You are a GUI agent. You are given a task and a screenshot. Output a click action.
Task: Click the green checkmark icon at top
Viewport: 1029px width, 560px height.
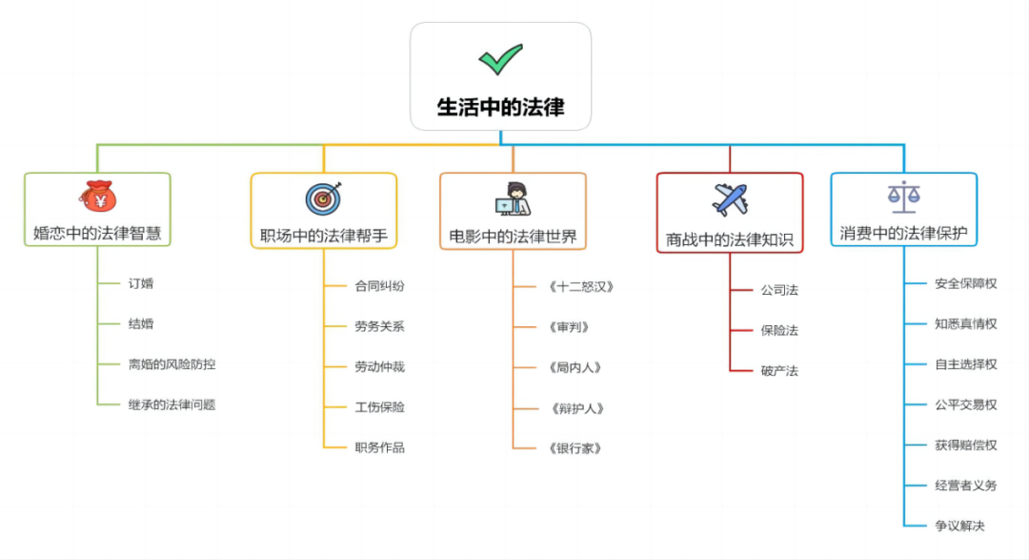(500, 59)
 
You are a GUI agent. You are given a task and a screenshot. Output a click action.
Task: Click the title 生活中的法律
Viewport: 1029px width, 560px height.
(500, 107)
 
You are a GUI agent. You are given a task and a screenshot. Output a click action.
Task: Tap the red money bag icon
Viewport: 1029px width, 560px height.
(97, 196)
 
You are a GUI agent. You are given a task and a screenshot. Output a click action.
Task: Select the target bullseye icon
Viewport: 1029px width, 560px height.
(323, 197)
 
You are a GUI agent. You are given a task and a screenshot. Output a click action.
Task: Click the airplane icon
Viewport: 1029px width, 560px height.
(730, 199)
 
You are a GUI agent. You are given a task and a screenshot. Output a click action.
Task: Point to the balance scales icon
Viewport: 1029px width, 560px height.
(903, 197)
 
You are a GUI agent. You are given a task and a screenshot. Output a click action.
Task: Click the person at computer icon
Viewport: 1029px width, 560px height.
(514, 197)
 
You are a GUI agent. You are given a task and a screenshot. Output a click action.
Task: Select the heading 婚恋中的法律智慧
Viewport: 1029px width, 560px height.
(97, 232)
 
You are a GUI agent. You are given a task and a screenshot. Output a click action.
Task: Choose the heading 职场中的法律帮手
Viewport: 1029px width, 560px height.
(324, 235)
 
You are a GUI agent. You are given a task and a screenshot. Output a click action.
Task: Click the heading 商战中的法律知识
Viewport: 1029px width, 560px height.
(730, 239)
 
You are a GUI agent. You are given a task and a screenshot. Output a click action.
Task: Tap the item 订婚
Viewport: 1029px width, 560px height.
(141, 283)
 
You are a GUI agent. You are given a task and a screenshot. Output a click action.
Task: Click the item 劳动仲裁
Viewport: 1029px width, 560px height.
(379, 366)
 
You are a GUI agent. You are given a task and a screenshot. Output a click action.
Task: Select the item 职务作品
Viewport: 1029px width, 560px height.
(379, 446)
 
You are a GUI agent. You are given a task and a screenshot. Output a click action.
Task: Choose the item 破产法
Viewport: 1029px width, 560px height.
(779, 370)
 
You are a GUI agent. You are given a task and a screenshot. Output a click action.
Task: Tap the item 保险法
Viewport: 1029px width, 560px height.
(779, 330)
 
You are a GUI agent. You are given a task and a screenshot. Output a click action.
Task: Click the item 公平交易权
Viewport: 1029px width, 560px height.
(965, 404)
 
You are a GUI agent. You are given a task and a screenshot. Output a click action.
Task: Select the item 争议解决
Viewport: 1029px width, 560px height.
(959, 526)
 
